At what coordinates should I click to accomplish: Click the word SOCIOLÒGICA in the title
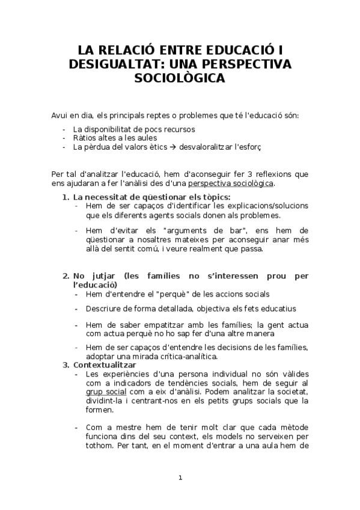tap(180, 78)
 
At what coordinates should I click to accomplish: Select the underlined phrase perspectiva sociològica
tap(231, 183)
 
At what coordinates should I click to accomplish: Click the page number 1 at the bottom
tap(180, 478)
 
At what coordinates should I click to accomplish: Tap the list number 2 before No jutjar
tap(66, 275)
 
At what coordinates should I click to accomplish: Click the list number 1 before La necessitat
tap(66, 197)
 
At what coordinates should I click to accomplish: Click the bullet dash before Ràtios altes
tap(64, 137)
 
